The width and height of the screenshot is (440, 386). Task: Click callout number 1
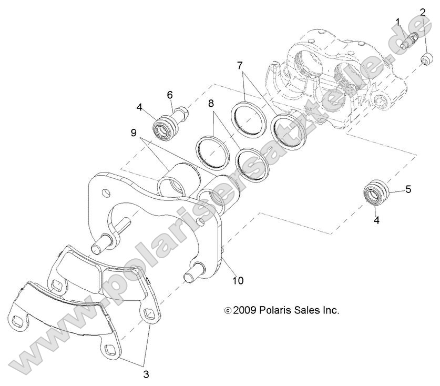click(398, 23)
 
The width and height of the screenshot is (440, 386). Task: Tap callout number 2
click(422, 12)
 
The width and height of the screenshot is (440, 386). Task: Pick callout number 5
click(408, 189)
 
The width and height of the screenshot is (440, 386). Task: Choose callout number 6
click(170, 95)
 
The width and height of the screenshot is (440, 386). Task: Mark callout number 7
click(240, 66)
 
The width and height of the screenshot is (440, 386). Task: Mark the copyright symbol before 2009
click(228, 311)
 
